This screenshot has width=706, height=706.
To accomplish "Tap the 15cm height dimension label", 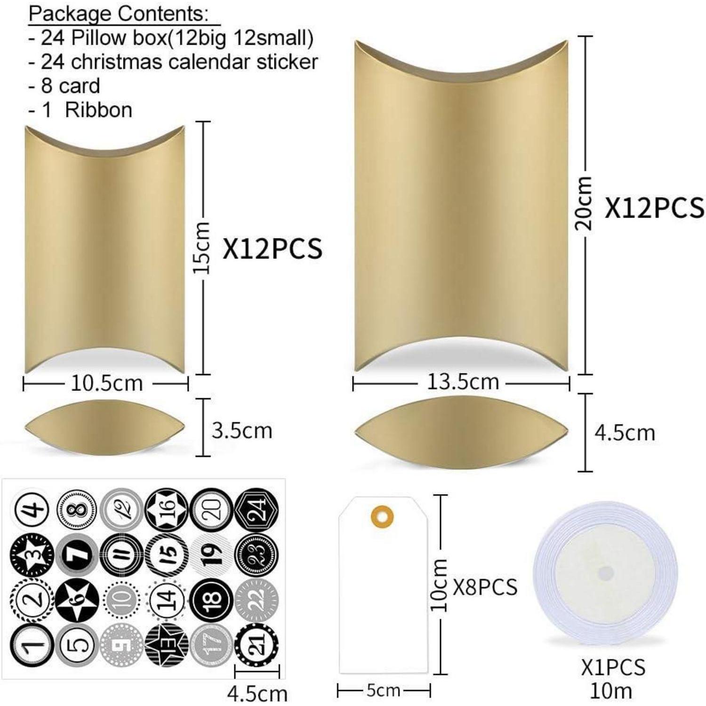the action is (202, 248).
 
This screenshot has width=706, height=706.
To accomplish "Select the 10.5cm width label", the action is (106, 383).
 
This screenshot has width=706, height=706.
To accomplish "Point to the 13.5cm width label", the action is (463, 381).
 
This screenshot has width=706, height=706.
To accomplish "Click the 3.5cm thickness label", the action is (242, 431).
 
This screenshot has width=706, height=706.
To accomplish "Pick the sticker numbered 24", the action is (257, 509).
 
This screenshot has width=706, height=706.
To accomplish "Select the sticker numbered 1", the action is (32, 645).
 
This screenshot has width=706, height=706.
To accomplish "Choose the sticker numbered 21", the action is (257, 645).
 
